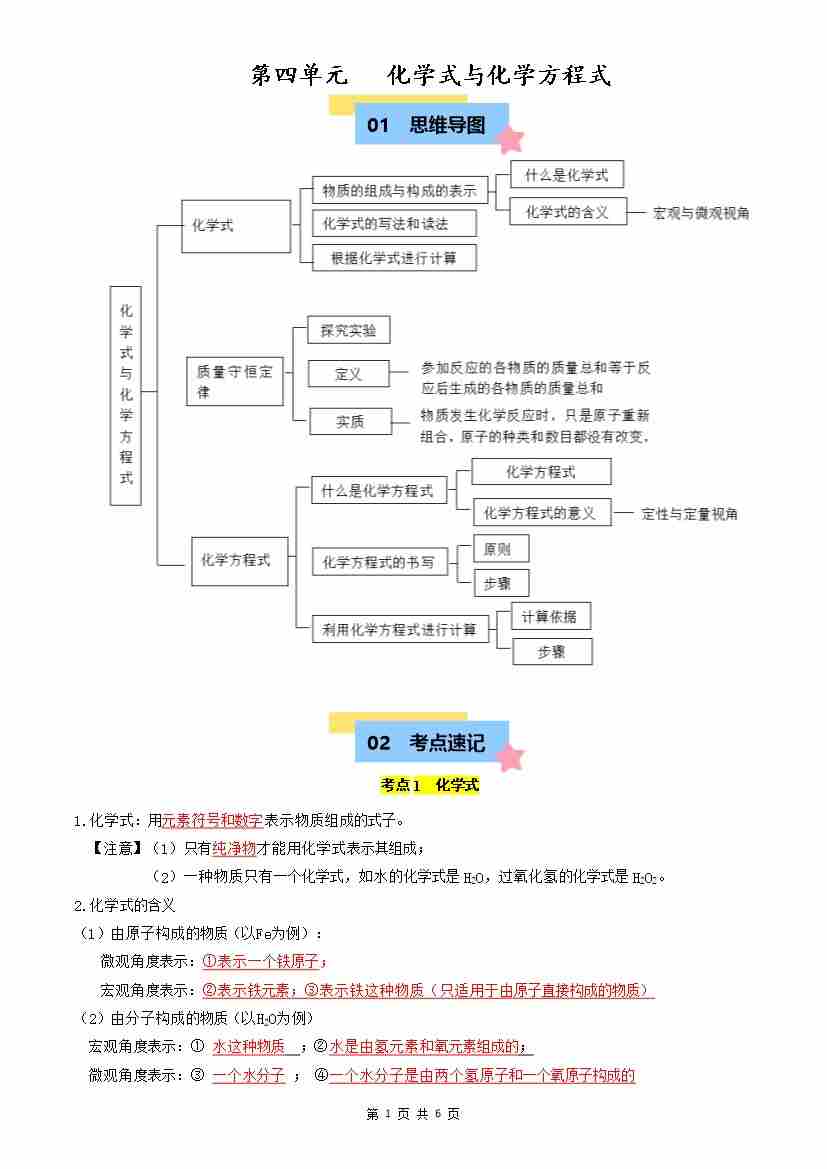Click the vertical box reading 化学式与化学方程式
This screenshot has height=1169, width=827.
tap(126, 395)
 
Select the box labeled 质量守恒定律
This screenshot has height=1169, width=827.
tap(236, 381)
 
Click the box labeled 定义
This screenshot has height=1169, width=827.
tap(348, 374)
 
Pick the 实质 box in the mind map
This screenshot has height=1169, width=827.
tap(349, 422)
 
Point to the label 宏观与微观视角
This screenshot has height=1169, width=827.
tap(701, 213)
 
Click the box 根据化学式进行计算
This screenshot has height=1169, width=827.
tap(394, 257)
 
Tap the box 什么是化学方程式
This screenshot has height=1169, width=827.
tap(378, 491)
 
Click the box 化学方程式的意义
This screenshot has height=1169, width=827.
tap(539, 513)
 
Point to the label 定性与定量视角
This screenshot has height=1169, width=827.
tap(690, 514)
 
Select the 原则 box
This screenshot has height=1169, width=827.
tap(497, 549)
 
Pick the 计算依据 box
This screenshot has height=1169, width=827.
tap(550, 616)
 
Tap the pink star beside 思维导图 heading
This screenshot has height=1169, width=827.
tap(511, 139)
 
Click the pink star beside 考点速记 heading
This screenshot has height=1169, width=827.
tap(511, 757)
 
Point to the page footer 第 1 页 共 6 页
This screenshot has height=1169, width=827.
tap(413, 1113)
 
